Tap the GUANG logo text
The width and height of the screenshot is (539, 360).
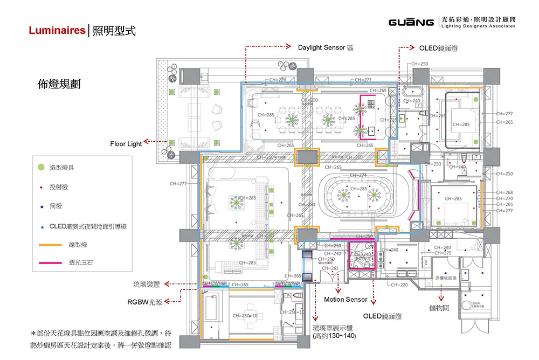411,23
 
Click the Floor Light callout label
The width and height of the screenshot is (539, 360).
126,144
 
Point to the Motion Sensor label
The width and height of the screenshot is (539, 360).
345,300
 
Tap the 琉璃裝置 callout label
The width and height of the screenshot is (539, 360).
147,284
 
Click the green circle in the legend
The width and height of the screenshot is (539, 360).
40,168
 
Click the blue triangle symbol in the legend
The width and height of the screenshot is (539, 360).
40,226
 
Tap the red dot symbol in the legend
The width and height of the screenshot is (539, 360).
40,187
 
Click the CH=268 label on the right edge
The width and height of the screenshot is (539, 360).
505,192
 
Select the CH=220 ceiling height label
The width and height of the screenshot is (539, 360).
399,285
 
